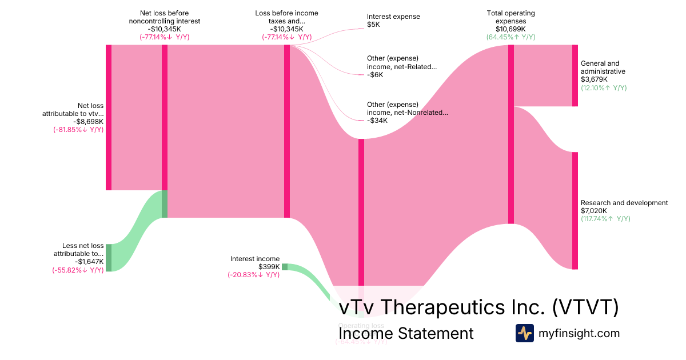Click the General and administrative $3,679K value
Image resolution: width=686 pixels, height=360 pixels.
point(593,79)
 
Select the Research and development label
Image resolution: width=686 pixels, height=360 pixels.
point(624,203)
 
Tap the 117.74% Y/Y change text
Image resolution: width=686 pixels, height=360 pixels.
point(605,219)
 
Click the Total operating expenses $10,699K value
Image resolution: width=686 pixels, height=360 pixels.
point(510,29)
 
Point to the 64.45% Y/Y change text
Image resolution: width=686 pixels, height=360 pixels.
point(510,37)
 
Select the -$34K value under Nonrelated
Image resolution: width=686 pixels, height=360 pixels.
point(377,121)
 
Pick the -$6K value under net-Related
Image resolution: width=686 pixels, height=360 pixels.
point(376,74)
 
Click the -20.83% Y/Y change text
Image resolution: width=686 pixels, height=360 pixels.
point(253,275)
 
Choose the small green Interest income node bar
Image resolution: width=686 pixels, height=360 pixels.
point(285,267)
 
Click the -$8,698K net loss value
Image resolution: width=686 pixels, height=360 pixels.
point(87,121)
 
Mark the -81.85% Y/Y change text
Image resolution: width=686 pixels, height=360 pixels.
point(78,129)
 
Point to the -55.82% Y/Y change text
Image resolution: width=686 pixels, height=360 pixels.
point(78,270)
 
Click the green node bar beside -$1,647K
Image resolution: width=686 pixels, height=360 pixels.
point(109,258)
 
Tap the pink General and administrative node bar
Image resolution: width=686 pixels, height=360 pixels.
point(575,75)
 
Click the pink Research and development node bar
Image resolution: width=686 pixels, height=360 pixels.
point(575,210)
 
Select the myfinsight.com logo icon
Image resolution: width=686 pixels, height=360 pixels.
point(524,333)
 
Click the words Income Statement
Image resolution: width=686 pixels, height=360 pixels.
point(406,333)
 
